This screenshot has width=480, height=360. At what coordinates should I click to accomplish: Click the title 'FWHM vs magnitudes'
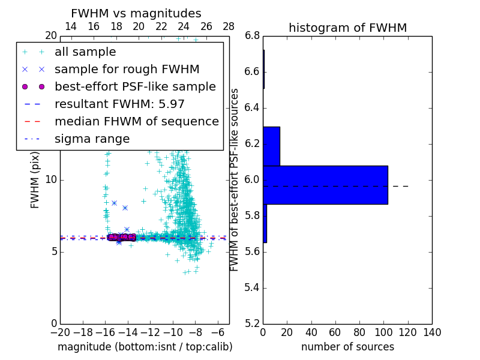tap(136, 13)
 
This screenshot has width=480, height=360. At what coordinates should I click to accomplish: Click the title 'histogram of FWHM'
tap(347, 28)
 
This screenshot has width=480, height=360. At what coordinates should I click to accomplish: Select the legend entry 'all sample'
tap(85, 52)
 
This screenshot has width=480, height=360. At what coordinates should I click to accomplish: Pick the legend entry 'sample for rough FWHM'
tap(127, 70)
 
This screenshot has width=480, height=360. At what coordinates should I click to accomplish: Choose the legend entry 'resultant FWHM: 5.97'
tap(119, 104)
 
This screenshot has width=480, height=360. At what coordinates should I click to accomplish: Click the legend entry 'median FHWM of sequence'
tap(136, 122)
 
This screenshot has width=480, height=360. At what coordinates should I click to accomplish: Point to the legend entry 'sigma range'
tap(92, 139)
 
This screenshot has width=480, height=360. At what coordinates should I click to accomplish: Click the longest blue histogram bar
tap(325, 185)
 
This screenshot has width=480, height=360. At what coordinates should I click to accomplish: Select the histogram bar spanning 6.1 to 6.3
tap(271, 146)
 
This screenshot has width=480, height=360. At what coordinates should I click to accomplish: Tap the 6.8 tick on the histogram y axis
tap(252, 35)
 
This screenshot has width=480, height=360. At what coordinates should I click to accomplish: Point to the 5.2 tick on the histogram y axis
tap(252, 323)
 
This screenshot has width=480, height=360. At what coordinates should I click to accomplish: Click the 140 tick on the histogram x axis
tap(432, 332)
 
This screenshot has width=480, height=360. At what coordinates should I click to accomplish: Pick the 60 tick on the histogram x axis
tap(335, 332)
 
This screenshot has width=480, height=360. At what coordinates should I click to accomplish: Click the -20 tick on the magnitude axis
tap(60, 332)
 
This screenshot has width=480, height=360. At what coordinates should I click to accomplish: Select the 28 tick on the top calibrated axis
tap(229, 26)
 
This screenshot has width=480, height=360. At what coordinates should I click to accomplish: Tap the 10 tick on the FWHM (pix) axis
tap(50, 179)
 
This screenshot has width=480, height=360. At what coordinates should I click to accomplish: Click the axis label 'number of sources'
tap(347, 347)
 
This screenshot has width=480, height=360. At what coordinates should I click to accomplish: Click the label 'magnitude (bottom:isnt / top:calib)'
tap(145, 347)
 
